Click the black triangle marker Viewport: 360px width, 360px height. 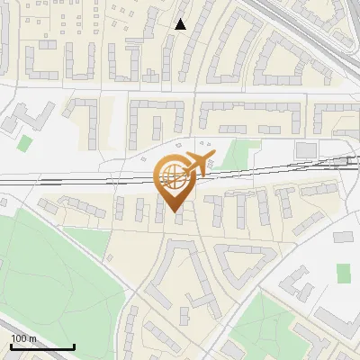(x=181, y=24)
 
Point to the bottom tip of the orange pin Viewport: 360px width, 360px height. (x=175, y=212)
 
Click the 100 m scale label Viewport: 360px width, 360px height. (x=23, y=338)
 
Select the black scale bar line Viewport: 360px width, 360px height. (x=42, y=346)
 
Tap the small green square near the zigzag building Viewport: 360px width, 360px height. (x=25, y=142)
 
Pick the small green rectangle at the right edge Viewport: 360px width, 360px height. (x=343, y=272)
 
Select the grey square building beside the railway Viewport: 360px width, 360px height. (x=306, y=148)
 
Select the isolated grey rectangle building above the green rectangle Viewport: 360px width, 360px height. (x=345, y=238)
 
